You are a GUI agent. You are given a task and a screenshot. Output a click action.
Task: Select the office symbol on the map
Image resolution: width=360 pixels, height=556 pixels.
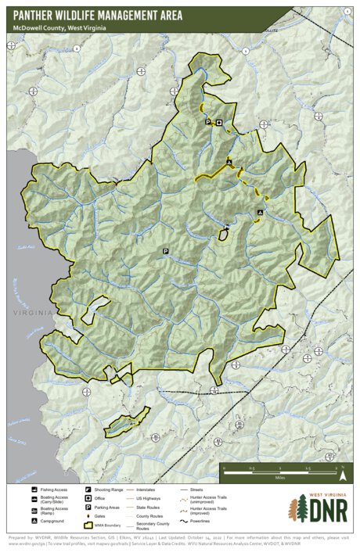(219, 123)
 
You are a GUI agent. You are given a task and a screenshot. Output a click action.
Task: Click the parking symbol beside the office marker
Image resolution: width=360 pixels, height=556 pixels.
(208, 123)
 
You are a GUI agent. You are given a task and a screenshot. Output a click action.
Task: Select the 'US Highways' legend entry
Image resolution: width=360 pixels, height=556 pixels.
(148, 499)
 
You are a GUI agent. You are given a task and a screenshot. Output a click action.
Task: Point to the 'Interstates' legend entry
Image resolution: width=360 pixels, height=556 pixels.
(146, 489)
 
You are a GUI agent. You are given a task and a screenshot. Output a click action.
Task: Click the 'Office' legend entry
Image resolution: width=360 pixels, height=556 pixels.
(99, 499)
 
